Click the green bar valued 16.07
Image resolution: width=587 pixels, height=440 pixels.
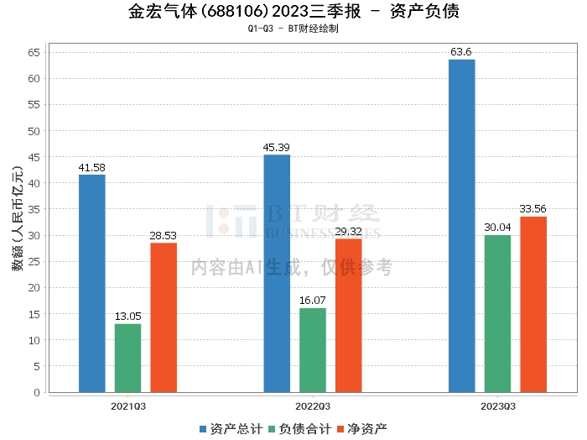point(313,350)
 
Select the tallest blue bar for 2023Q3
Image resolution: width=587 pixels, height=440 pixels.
point(462,226)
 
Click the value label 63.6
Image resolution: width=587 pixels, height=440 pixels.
point(462,52)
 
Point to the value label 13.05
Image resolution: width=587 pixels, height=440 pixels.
point(128,317)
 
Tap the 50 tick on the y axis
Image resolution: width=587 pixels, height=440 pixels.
point(34,131)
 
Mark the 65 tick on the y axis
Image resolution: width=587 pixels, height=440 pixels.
point(34,53)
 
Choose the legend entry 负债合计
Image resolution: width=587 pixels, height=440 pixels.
point(298,428)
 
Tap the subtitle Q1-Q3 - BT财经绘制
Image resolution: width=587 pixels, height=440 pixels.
point(293,29)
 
